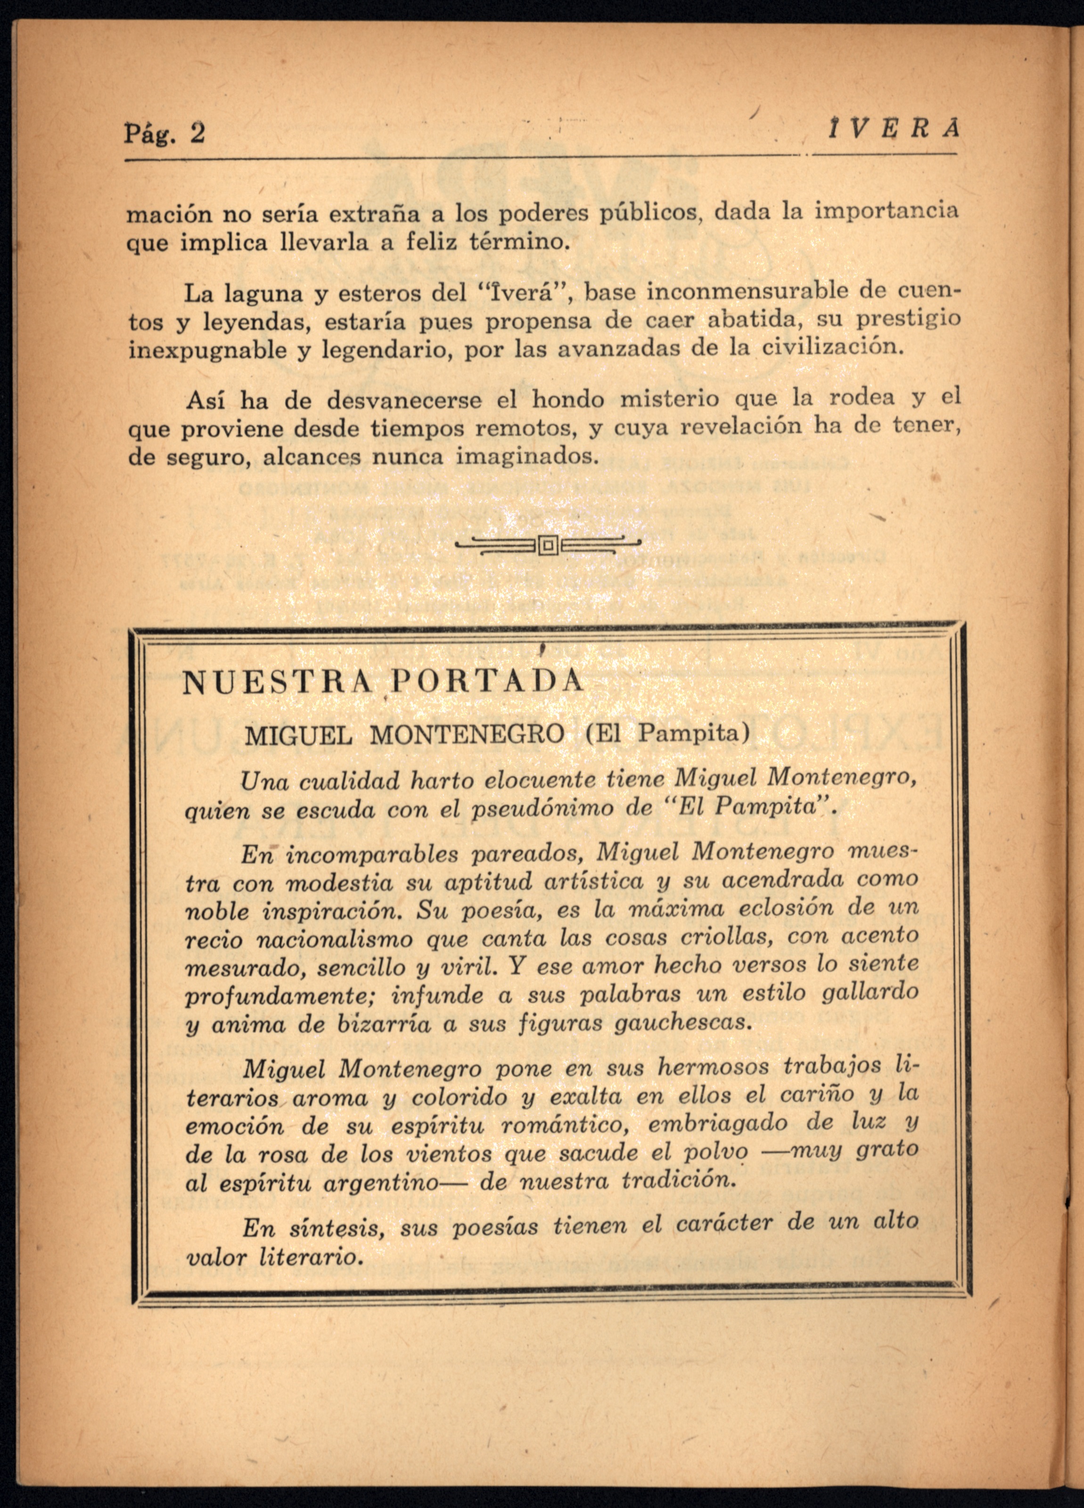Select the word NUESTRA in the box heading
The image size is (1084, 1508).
[277, 682]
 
